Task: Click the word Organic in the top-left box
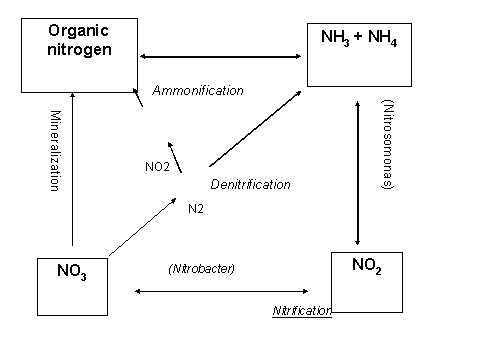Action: (78, 31)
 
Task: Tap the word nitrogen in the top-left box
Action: (79, 50)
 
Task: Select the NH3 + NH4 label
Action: (359, 37)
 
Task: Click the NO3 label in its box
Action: (72, 272)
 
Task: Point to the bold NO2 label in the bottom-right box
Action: (367, 266)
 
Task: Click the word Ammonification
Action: (198, 90)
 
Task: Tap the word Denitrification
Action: (250, 184)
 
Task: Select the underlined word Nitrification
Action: (302, 311)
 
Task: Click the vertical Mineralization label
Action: (55, 151)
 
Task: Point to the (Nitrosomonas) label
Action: (388, 144)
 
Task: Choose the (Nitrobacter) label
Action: (202, 269)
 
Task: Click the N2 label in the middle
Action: (196, 209)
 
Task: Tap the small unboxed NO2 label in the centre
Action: (157, 167)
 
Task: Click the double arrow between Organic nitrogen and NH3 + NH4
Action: (220, 57)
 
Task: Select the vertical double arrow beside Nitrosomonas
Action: (358, 173)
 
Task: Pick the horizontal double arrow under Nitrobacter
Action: (221, 291)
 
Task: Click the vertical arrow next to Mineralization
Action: (72, 169)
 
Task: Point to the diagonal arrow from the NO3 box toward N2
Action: (143, 227)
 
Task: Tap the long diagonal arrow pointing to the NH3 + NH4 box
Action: (255, 129)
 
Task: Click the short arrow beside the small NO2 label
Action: (175, 157)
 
